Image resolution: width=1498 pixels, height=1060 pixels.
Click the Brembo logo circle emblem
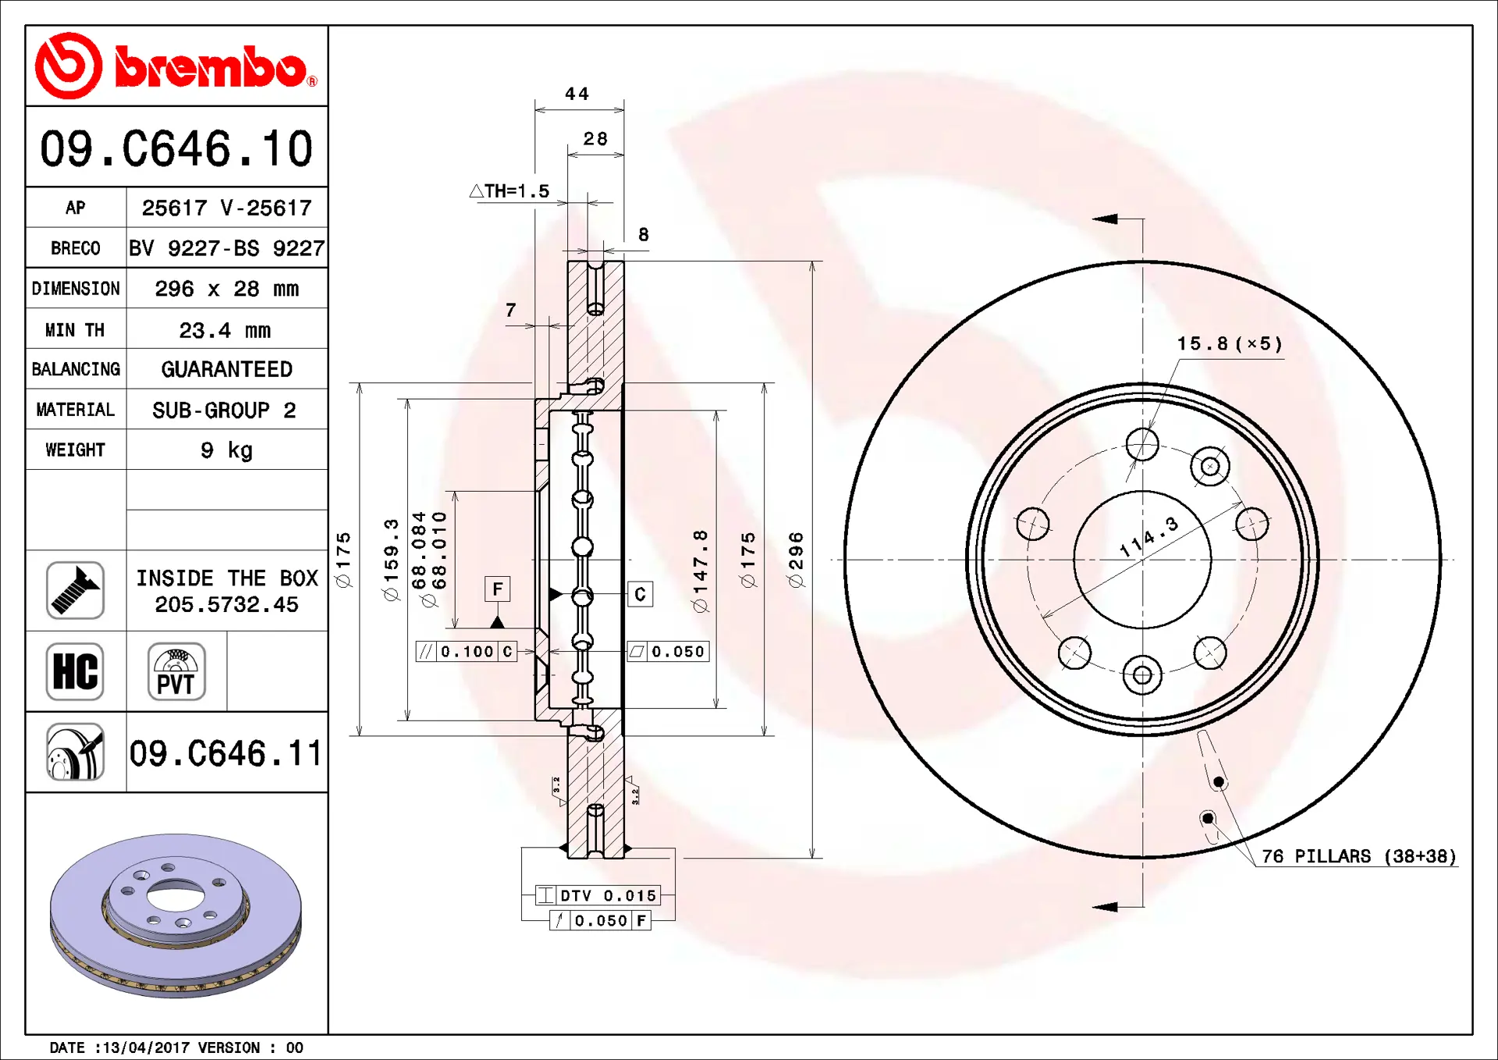pyautogui.click(x=69, y=66)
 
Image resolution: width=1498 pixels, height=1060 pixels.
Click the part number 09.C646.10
pyautogui.click(x=176, y=148)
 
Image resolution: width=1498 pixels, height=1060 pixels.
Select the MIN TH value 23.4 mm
pyautogui.click(x=225, y=330)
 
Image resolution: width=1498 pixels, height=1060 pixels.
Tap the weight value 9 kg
pyautogui.click(x=227, y=450)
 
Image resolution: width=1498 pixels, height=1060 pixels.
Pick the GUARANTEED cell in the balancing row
pyautogui.click(x=227, y=369)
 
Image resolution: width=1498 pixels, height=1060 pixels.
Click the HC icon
pyautogui.click(x=75, y=671)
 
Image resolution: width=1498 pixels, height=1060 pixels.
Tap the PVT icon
pyautogui.click(x=176, y=671)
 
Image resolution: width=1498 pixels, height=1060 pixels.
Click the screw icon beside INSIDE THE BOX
pyautogui.click(x=75, y=590)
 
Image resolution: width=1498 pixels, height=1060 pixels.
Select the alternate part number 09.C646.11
pyautogui.click(x=225, y=753)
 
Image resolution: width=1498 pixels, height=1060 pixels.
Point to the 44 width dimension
pyautogui.click(x=577, y=94)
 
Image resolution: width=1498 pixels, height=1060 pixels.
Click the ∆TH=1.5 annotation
pyautogui.click(x=509, y=190)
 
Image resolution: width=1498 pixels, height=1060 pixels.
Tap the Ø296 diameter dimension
pyautogui.click(x=796, y=559)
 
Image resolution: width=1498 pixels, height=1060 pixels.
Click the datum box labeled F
pyautogui.click(x=498, y=589)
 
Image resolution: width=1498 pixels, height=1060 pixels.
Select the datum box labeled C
pyautogui.click(x=641, y=594)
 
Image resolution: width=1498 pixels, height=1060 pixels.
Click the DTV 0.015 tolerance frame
pyautogui.click(x=598, y=895)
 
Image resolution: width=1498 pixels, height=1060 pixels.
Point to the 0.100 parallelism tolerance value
pyautogui.click(x=467, y=652)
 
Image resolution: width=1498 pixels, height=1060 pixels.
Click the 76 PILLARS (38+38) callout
pyautogui.click(x=1359, y=856)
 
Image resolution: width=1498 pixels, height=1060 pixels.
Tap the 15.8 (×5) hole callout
pyautogui.click(x=1230, y=343)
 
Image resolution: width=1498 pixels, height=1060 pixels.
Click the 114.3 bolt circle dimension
pyautogui.click(x=1148, y=537)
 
